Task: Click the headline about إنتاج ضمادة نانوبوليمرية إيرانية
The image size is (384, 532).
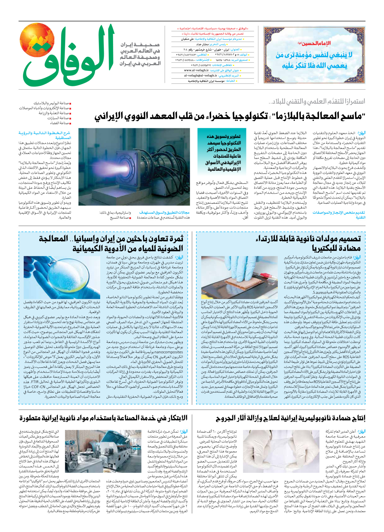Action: (290, 418)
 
